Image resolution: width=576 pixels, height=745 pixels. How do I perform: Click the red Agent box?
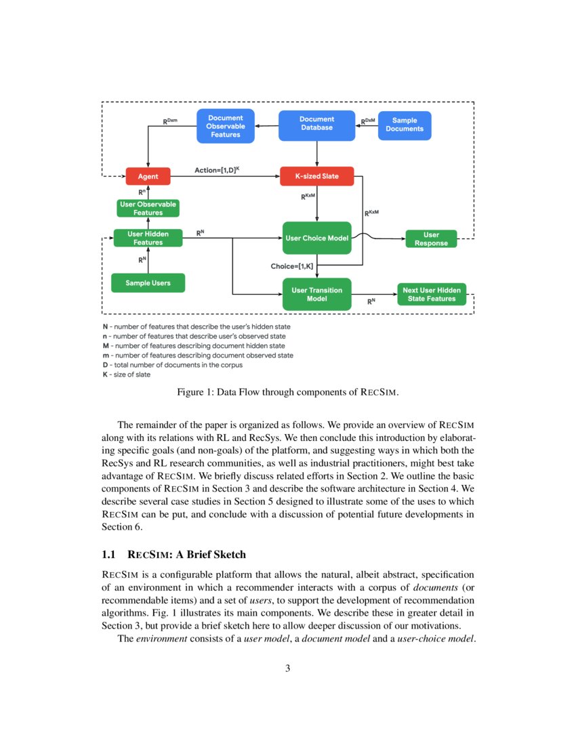pyautogui.click(x=148, y=177)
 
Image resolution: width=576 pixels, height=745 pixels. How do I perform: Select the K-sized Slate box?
pyautogui.click(x=316, y=177)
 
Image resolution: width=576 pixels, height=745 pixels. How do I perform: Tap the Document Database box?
pyautogui.click(x=316, y=124)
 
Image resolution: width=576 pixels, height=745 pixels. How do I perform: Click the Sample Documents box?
pyautogui.click(x=404, y=125)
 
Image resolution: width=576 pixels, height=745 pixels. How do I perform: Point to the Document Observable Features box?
pyautogui.click(x=225, y=126)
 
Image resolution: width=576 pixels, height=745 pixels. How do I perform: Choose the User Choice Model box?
pyautogui.click(x=316, y=238)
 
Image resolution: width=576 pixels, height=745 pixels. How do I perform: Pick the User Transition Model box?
pyautogui.click(x=316, y=294)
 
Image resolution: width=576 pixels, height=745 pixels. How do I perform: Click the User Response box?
pyautogui.click(x=431, y=239)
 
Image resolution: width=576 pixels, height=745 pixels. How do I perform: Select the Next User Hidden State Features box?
pyautogui.click(x=431, y=294)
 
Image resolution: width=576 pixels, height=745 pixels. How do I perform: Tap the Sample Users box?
pyautogui.click(x=148, y=282)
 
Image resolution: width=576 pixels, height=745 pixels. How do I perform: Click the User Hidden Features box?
pyautogui.click(x=148, y=238)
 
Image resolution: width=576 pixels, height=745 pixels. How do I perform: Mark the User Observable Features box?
pyautogui.click(x=148, y=208)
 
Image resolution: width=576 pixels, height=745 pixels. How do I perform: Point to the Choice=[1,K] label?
pyautogui.click(x=292, y=266)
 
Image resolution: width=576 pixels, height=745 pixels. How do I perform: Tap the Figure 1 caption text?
pyautogui.click(x=287, y=392)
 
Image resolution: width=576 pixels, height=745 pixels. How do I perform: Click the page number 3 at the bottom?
pyautogui.click(x=287, y=668)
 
